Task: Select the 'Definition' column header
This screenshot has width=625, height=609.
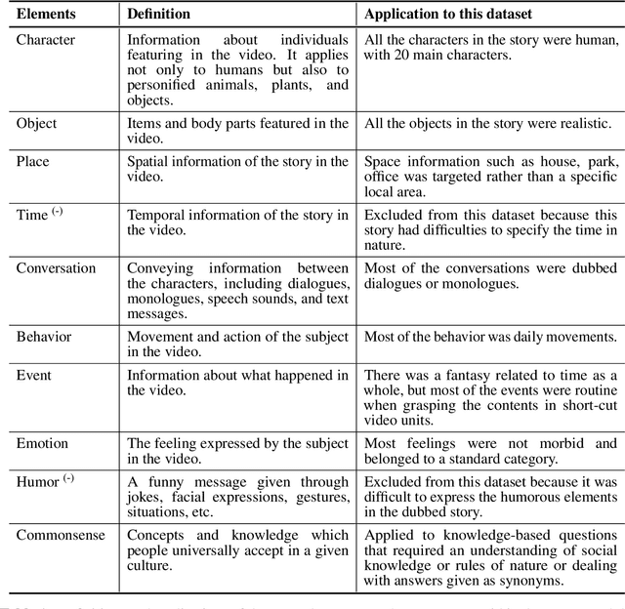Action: coord(159,15)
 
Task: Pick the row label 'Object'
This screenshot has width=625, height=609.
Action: coord(36,123)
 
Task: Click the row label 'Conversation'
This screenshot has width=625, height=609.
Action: coord(56,268)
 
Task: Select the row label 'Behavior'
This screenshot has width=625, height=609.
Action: coord(44,337)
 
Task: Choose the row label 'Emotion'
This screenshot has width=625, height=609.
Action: coord(42,443)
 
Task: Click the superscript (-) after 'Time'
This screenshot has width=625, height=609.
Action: coord(57,212)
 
